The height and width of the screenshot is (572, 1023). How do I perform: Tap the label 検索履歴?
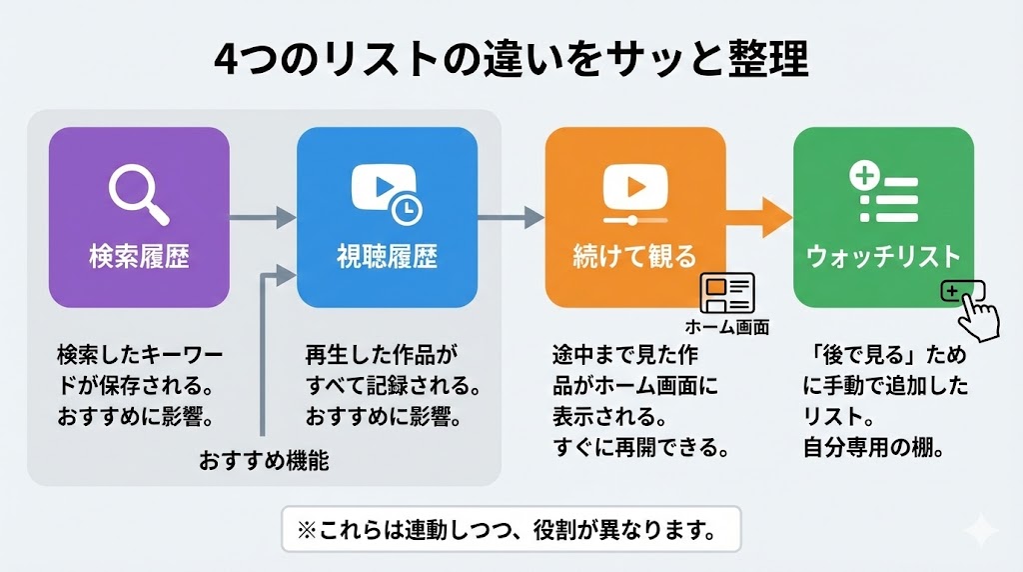(139, 257)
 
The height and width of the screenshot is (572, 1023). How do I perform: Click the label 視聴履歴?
(387, 257)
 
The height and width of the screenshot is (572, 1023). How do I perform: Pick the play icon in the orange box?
(633, 191)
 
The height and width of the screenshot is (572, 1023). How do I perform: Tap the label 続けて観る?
(634, 257)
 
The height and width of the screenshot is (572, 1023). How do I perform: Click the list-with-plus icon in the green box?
(883, 193)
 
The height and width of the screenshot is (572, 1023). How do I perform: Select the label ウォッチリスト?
(883, 257)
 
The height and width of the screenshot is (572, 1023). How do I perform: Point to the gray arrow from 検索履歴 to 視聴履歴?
(263, 217)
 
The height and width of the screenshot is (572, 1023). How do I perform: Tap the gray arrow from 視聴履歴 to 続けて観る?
(511, 217)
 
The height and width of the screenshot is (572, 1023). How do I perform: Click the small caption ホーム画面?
(726, 326)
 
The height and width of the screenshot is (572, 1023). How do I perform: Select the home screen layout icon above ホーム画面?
(726, 292)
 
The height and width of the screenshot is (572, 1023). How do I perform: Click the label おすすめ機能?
(264, 462)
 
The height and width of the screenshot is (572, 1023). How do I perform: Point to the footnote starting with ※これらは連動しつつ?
(511, 529)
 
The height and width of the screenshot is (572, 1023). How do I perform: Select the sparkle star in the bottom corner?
(982, 532)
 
